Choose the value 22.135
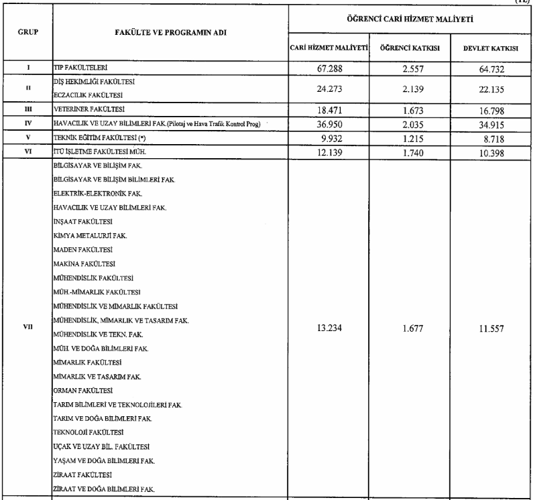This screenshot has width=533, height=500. (490, 87)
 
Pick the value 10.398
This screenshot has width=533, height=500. (490, 153)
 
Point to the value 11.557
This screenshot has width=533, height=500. (490, 328)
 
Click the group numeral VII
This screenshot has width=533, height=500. (27, 328)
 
